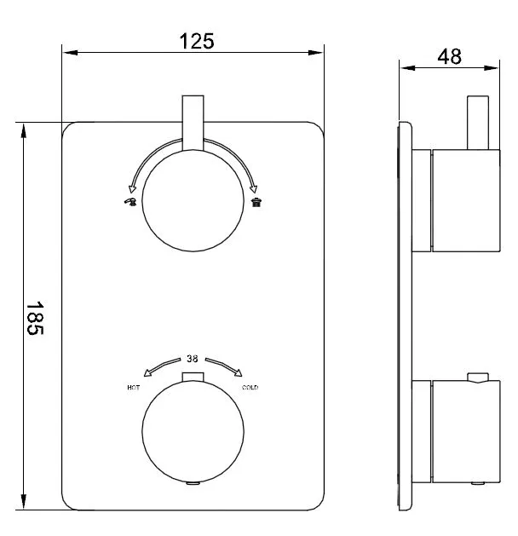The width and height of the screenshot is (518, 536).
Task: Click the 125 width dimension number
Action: (197, 42)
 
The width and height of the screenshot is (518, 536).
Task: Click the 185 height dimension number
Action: (35, 318)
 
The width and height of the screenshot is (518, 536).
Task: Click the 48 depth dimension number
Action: (449, 57)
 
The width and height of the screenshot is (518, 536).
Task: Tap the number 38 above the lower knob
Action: (192, 359)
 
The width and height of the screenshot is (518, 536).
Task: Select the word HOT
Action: (133, 388)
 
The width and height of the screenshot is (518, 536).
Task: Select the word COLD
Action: (250, 388)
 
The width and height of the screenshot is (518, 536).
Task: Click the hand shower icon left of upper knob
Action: (130, 202)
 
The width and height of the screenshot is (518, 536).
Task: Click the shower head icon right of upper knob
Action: (256, 202)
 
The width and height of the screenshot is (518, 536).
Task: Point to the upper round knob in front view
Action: (193, 200)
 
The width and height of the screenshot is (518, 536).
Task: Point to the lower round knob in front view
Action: (193, 432)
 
